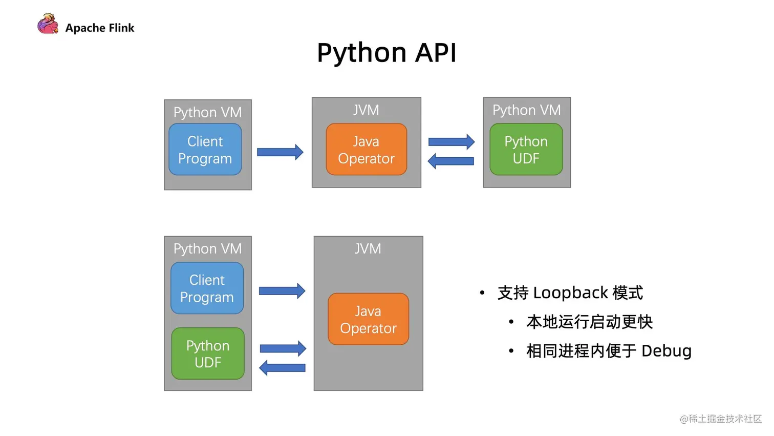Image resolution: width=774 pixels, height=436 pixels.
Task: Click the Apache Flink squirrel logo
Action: [x=48, y=24]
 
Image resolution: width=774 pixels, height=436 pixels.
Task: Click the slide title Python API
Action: [x=386, y=53]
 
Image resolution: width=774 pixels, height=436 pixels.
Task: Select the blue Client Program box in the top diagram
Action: [x=205, y=150]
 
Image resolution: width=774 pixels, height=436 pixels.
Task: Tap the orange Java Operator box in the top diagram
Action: [x=367, y=150]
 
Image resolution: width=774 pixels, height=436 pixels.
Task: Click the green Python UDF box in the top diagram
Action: [x=526, y=150]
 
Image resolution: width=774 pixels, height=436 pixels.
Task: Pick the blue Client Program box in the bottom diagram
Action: [x=207, y=288]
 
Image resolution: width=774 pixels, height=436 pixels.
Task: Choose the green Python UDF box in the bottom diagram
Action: [x=208, y=354]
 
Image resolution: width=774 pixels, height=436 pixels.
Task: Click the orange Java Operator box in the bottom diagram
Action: [x=369, y=319]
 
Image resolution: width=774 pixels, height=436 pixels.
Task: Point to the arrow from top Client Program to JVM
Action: [x=280, y=152]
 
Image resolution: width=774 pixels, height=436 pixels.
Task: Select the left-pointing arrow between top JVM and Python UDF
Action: [x=451, y=161]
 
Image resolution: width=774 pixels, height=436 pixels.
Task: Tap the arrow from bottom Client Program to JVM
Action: [x=282, y=291]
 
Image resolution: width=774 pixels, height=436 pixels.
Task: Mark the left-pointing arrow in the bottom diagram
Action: [x=283, y=368]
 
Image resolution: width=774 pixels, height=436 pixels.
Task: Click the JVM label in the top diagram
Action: [x=367, y=110]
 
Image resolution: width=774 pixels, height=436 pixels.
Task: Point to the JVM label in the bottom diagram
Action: [x=368, y=249]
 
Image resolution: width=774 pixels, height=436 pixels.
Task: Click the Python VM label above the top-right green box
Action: [x=527, y=110]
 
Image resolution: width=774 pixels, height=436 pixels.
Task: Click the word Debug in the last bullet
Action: [x=666, y=351]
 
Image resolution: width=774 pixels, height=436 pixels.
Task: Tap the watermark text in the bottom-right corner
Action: [x=721, y=419]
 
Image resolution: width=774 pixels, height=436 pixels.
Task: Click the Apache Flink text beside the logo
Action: [x=100, y=28]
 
